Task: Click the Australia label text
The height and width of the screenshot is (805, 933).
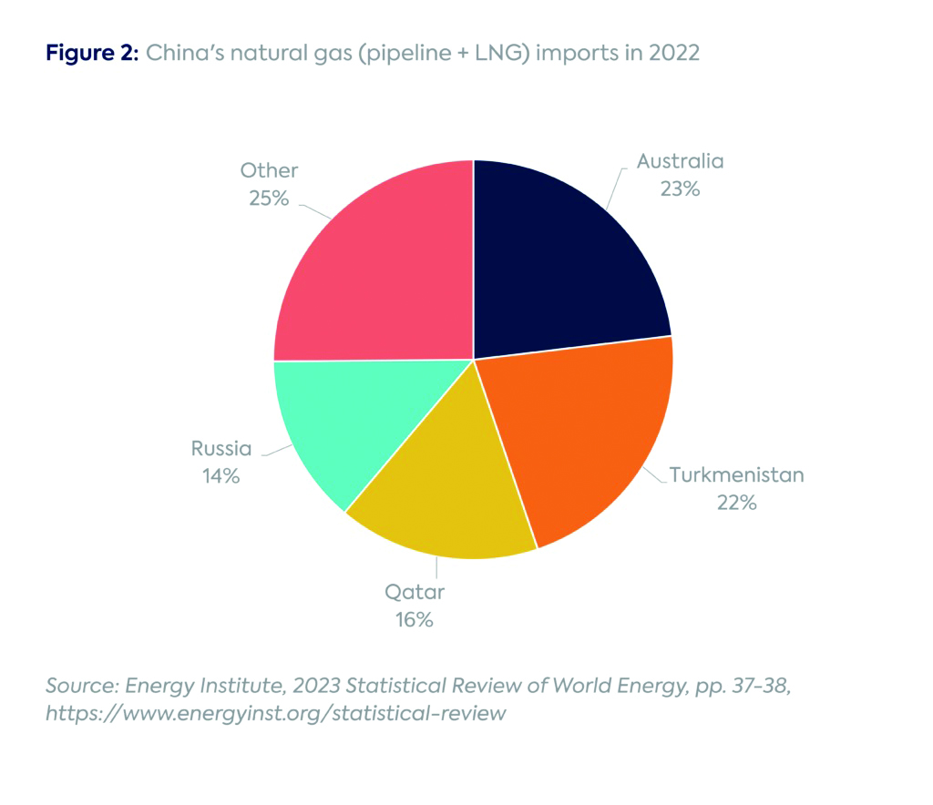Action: point(680,162)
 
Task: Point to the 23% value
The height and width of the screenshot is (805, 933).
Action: point(680,189)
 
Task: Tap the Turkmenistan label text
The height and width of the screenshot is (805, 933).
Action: point(736,474)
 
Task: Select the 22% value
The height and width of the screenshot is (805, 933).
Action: point(736,502)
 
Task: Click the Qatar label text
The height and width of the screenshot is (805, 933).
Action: point(414,593)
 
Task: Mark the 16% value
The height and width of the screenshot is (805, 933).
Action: point(414,620)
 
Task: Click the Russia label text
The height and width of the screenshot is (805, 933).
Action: point(221,448)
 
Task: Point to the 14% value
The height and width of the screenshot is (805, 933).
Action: point(221,475)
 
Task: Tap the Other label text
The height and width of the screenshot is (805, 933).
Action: point(269,170)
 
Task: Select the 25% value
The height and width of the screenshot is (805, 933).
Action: point(269,198)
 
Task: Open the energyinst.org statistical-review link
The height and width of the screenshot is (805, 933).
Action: point(275,713)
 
